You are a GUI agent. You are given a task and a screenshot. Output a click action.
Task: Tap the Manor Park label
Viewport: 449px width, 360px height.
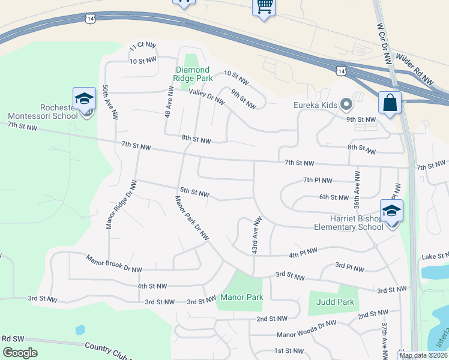242,297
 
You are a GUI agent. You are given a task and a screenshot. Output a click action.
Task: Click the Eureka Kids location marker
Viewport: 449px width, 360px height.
346,105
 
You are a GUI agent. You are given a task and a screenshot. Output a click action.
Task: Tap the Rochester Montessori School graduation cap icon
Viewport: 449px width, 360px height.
84,99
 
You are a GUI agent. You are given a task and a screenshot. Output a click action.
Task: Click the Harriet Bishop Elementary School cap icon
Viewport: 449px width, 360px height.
391,211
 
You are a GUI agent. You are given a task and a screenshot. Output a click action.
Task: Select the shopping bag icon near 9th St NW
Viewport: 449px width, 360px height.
390,102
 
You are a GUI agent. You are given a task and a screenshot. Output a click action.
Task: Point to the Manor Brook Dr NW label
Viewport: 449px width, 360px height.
114,265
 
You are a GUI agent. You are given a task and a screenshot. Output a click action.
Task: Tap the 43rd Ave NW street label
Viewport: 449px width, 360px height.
257,234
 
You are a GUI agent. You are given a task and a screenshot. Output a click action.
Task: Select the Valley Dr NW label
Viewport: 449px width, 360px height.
206,96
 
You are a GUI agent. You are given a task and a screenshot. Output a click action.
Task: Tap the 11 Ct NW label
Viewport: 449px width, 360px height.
143,46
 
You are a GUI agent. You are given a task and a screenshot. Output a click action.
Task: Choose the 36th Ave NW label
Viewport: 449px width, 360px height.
357,189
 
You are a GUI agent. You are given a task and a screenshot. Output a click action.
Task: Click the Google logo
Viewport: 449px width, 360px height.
20,353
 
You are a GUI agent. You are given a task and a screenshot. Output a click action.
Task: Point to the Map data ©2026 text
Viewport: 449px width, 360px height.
424,355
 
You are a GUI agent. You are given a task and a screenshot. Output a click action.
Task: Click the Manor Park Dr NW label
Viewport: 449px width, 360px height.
191,218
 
